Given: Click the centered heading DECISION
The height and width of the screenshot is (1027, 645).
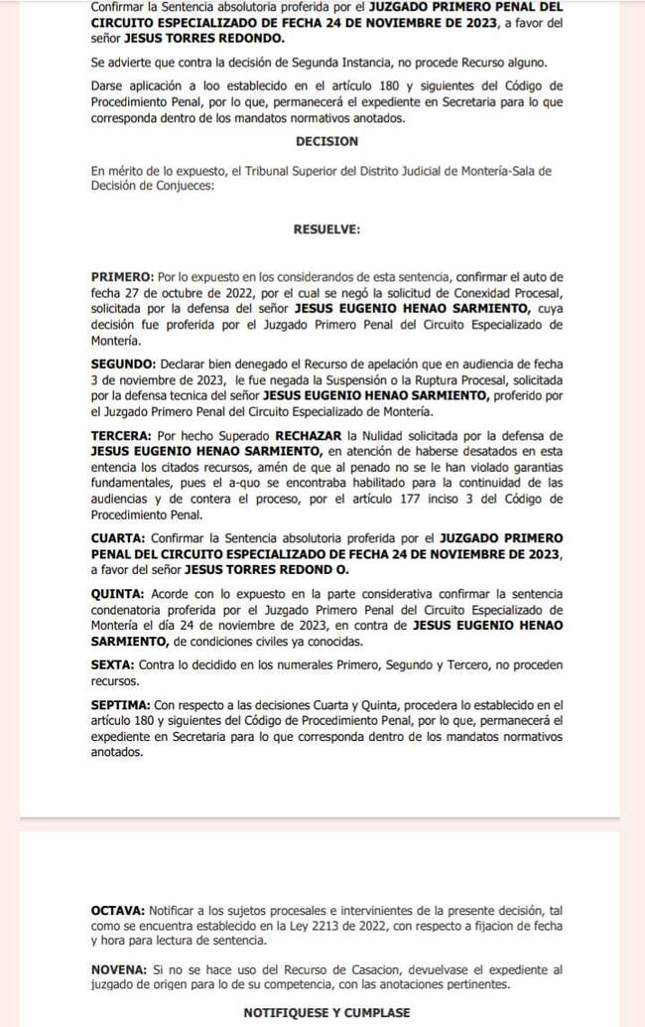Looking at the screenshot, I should [326, 142].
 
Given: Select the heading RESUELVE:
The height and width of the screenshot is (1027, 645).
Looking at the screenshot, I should [326, 229].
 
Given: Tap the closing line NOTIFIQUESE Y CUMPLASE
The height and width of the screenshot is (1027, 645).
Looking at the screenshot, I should [326, 1012].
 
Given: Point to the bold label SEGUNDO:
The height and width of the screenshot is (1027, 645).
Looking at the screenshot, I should [124, 366].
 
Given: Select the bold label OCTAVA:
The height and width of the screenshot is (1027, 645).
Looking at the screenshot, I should [118, 910].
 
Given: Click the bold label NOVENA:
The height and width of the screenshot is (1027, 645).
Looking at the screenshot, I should [119, 968].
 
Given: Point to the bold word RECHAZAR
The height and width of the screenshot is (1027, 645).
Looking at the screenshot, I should [309, 436].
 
